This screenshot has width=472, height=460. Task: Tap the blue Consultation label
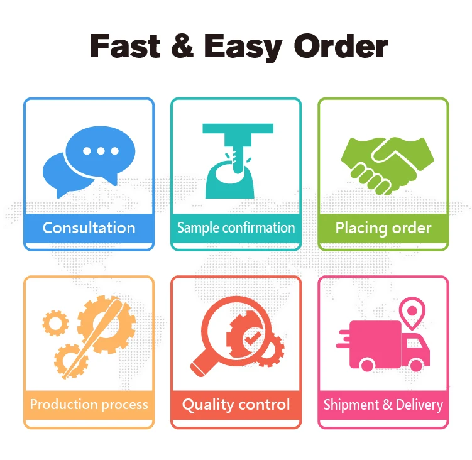coord(89,227)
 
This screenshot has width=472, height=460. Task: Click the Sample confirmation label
coord(236,227)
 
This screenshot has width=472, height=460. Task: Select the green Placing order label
coord(383,227)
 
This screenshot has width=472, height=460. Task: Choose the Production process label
coord(89,405)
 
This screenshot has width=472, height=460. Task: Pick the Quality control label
coord(236,405)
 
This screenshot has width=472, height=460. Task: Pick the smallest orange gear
coord(55,324)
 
